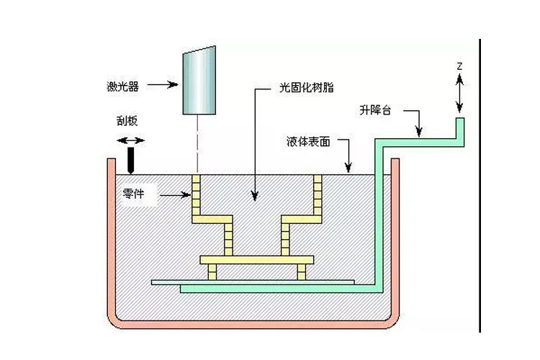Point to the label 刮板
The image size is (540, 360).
(126, 122)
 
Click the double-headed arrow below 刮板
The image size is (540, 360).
(130, 140)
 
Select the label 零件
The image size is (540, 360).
(135, 194)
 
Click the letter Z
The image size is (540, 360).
(459, 66)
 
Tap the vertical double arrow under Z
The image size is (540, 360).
(459, 93)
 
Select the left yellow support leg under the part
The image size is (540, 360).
(212, 271)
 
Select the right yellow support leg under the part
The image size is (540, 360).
(301, 271)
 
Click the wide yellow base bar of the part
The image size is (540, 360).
(257, 259)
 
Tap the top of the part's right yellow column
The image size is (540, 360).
(317, 179)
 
